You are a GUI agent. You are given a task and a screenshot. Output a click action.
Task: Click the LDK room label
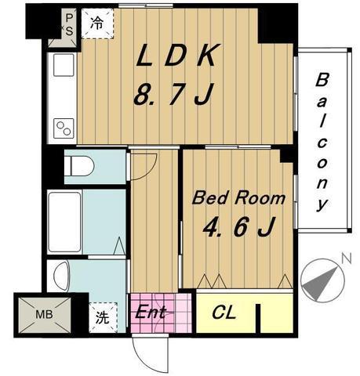click(x=177, y=55)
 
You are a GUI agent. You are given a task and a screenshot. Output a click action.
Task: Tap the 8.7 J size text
click(x=174, y=94)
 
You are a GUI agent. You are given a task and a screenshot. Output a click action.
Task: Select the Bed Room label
click(x=238, y=198)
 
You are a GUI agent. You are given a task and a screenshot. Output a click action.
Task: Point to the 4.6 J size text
click(x=238, y=226)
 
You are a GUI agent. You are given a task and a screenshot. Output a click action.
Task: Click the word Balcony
click(x=322, y=143)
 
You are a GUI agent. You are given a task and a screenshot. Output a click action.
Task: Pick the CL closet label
click(x=224, y=313)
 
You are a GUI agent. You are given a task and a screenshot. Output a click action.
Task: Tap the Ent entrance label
click(x=151, y=312)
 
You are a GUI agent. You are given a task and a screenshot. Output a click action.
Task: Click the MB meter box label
click(x=45, y=315)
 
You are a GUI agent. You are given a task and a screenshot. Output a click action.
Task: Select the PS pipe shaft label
click(x=69, y=25)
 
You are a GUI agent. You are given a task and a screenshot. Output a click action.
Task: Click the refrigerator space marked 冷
click(x=97, y=23)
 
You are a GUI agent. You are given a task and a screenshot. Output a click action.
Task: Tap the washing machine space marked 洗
click(x=103, y=317)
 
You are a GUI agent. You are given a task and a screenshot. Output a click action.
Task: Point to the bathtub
click(x=64, y=222)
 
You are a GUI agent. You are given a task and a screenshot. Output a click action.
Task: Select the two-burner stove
click(x=64, y=128)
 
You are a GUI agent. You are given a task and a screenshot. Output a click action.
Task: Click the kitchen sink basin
click(x=64, y=65)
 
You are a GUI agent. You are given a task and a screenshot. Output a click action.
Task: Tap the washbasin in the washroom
click(x=62, y=277)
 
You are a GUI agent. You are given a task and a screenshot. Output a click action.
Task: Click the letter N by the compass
click(x=347, y=259)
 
